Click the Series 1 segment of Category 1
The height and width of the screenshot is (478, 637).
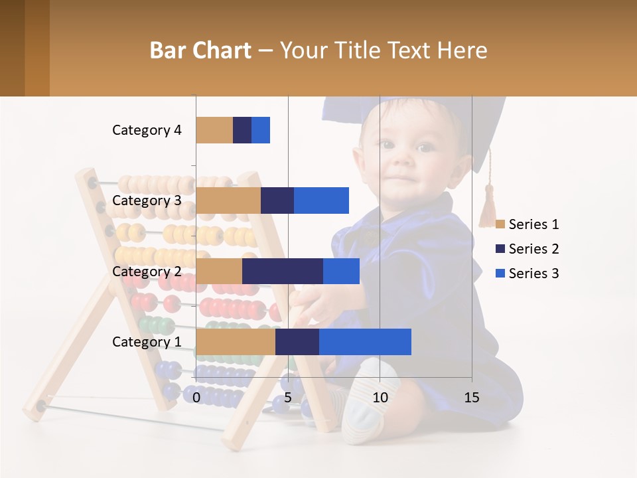[235, 341]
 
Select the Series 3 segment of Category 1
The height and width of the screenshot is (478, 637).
[365, 341]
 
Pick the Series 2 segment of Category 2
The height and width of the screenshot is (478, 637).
[282, 271]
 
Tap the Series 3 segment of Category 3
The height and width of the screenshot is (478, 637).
[321, 200]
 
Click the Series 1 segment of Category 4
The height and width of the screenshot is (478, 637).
[214, 130]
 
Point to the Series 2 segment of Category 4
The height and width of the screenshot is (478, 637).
[242, 130]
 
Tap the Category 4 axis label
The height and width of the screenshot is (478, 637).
[147, 130]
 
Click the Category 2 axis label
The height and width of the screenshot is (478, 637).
[147, 271]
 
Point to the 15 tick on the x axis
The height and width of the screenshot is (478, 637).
[471, 398]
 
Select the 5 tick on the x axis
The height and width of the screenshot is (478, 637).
[288, 398]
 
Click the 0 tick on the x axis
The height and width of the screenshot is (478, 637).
[196, 398]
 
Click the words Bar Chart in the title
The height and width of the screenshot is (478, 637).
[200, 50]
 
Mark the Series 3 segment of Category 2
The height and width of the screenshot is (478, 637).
[341, 271]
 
